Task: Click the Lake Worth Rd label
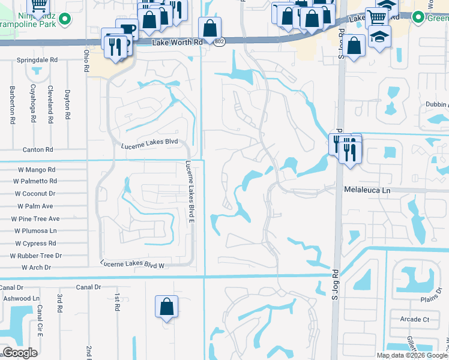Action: click(x=178, y=43)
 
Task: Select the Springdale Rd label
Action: click(x=37, y=61)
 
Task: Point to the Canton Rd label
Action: click(x=38, y=149)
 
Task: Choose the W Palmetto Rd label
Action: click(x=34, y=181)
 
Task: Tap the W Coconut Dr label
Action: click(x=35, y=193)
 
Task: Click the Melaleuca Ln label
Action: click(x=367, y=190)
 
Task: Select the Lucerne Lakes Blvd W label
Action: click(x=132, y=264)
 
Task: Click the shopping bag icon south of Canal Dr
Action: click(x=167, y=307)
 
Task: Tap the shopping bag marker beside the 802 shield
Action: click(x=210, y=28)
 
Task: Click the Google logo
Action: click(x=20, y=353)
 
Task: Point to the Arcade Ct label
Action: click(x=414, y=319)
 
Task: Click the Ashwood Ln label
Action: click(x=21, y=298)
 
